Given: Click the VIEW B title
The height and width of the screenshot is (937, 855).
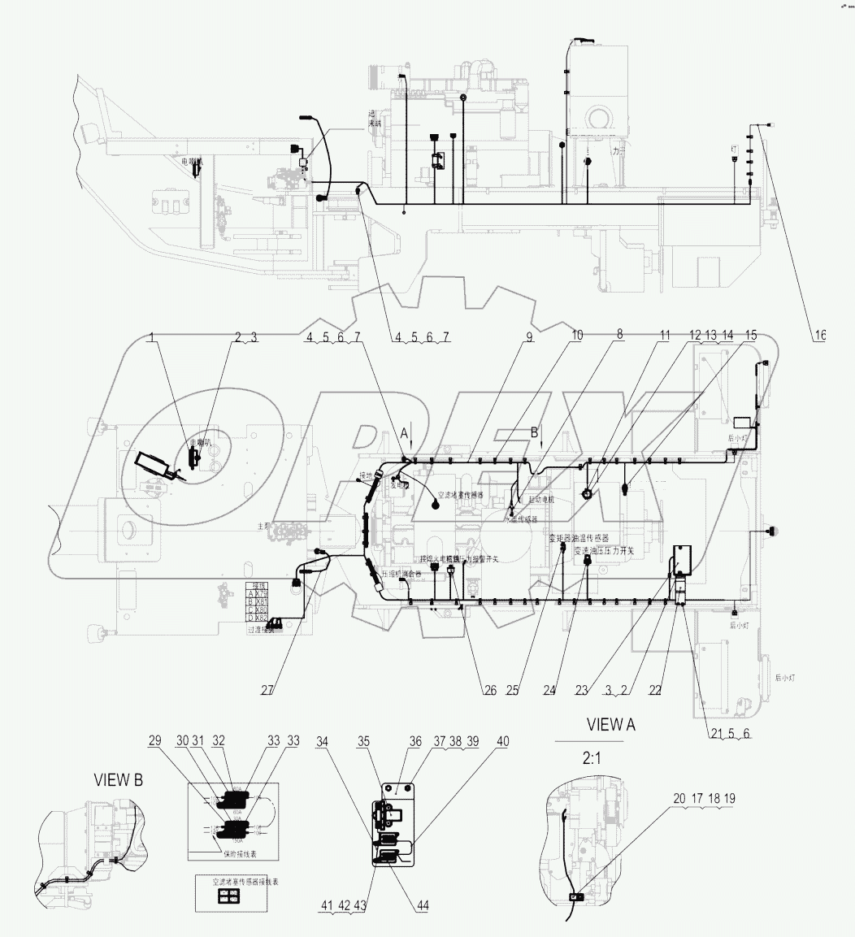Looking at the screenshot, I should click(x=119, y=780).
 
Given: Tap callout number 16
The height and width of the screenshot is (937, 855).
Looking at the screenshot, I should click(x=819, y=335).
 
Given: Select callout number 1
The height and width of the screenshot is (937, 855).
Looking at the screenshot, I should click(x=150, y=336).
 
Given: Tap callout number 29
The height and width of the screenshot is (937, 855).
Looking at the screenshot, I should click(x=154, y=741).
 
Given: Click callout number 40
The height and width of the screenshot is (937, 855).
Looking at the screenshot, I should click(x=503, y=741).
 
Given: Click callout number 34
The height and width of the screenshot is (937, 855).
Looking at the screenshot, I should click(x=324, y=741).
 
